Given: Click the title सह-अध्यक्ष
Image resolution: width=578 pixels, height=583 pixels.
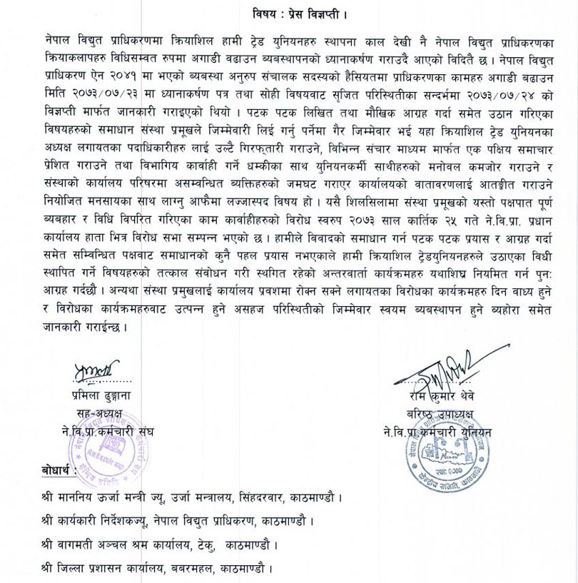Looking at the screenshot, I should tap(99, 413).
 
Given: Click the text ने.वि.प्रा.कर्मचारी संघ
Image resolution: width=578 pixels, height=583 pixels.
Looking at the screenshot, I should tap(108, 432).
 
